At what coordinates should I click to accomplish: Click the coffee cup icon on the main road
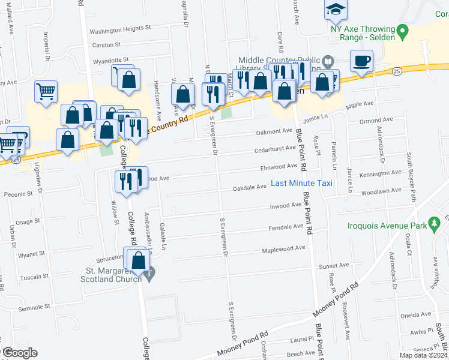(363, 61)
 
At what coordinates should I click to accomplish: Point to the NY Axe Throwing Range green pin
(404, 29)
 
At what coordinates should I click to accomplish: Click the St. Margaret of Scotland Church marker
(150, 273)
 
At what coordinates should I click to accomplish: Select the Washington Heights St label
(119, 29)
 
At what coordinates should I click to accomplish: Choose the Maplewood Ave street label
(283, 248)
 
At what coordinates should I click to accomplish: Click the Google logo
(20, 353)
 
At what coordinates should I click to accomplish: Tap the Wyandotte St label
(108, 59)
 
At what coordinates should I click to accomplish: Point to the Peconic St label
(17, 194)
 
